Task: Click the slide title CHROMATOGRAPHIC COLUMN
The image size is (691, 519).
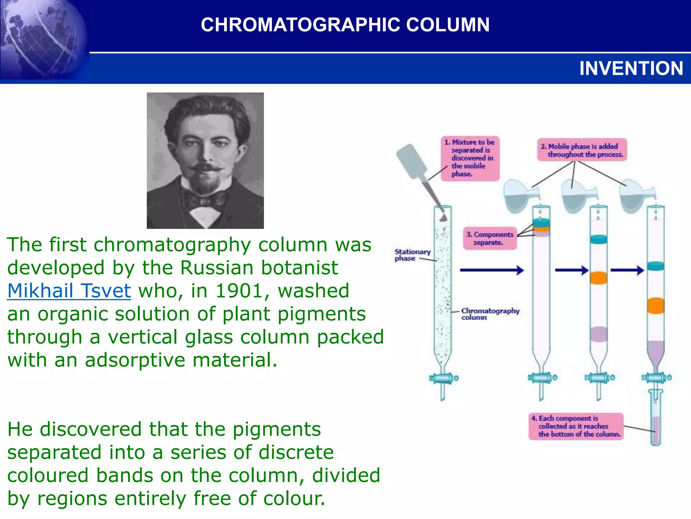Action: coord(345,25)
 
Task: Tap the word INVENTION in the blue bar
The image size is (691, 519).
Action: coord(631,69)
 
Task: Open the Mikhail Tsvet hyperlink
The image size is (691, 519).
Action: coord(69,291)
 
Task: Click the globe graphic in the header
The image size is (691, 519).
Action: coord(42,39)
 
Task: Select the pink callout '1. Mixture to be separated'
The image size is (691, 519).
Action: coord(470,158)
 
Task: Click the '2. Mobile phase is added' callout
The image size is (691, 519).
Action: coord(582,150)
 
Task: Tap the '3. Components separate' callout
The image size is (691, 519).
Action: coord(490,238)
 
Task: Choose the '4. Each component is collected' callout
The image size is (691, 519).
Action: coord(576,426)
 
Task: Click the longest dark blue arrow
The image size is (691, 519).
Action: coord(492,270)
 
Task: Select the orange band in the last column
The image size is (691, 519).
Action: coord(656,305)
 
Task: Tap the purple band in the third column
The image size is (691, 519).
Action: coord(599,334)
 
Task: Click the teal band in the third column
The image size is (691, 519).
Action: coord(599,239)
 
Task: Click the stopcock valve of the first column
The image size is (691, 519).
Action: coord(443,378)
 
